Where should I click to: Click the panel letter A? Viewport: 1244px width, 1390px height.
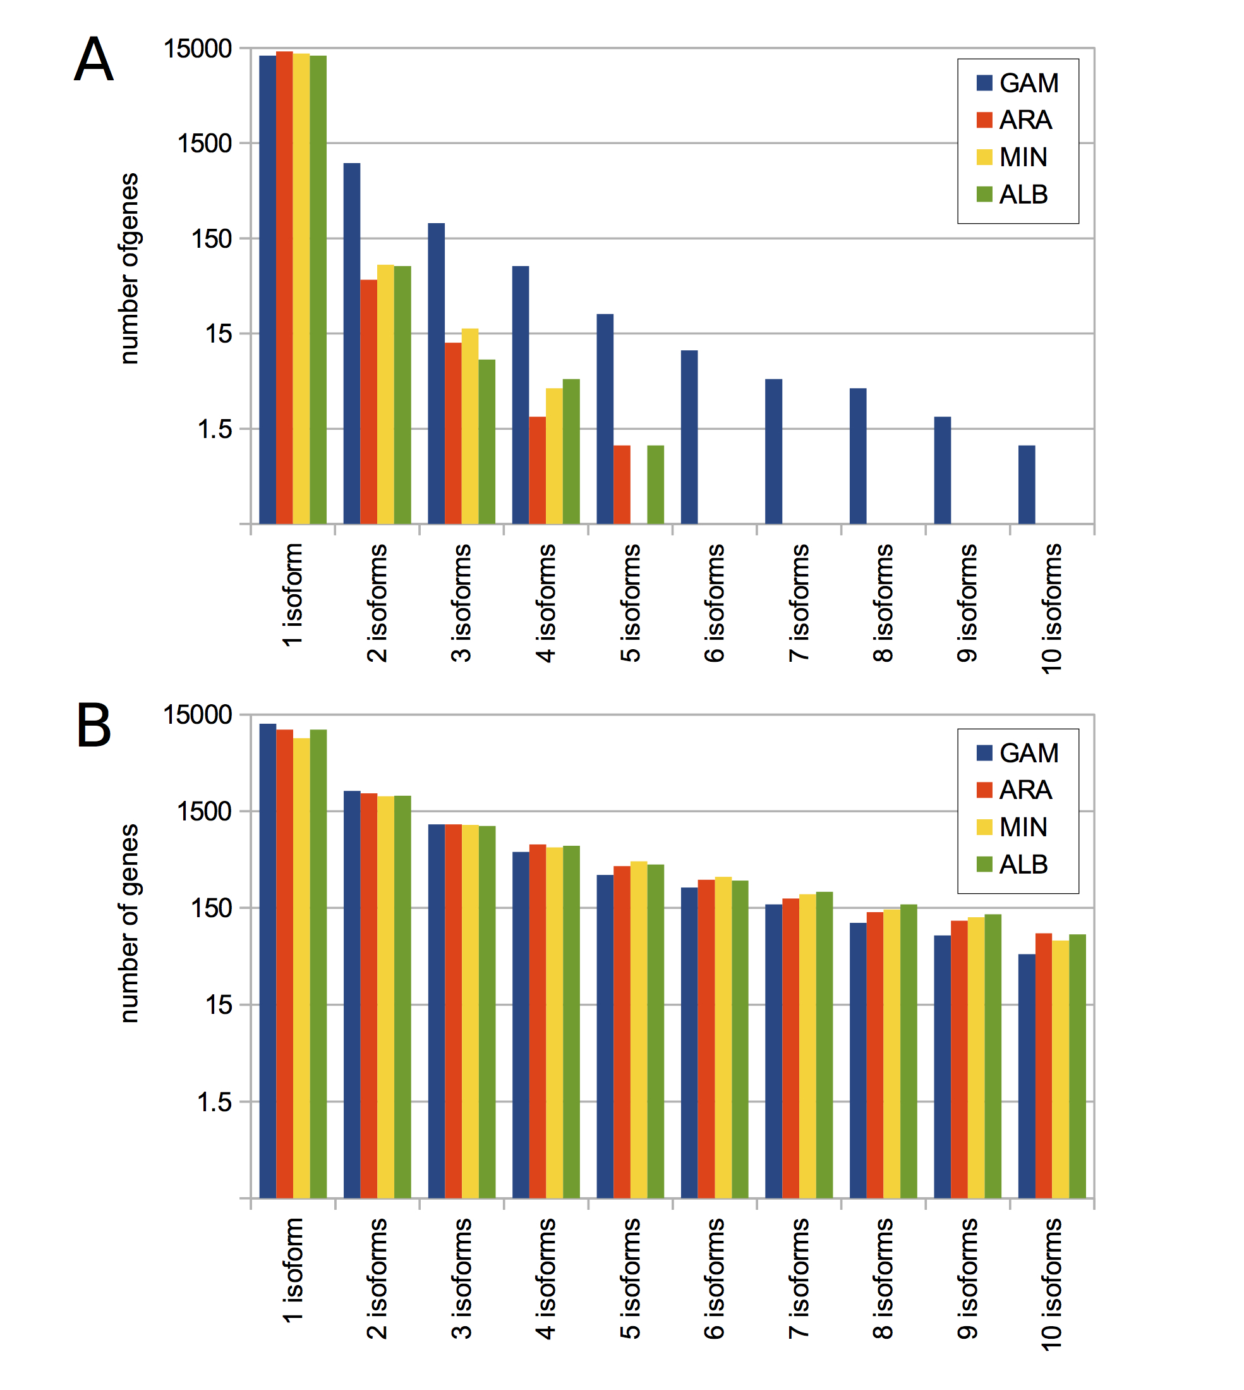pyautogui.click(x=93, y=59)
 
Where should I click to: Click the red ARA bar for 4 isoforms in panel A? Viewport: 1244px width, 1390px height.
pyautogui.click(x=537, y=470)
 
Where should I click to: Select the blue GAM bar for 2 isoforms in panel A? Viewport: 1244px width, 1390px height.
pyautogui.click(x=351, y=343)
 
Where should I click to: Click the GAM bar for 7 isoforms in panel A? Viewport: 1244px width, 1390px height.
pyautogui.click(x=773, y=451)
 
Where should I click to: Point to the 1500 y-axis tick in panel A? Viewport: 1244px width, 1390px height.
pyautogui.click(x=203, y=143)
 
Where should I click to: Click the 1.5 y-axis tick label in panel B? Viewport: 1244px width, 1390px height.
pyautogui.click(x=214, y=1102)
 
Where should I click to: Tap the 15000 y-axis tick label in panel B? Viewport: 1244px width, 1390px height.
pyautogui.click(x=197, y=714)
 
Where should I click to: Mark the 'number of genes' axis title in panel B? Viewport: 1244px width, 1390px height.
pyautogui.click(x=128, y=923)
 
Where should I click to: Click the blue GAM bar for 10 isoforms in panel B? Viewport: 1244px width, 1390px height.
pyautogui.click(x=1026, y=1076)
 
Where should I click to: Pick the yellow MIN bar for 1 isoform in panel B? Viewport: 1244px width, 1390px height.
pyautogui.click(x=301, y=968)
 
